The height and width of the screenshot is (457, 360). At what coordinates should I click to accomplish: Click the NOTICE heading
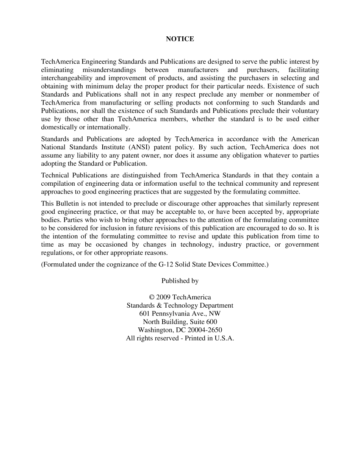click(x=180, y=39)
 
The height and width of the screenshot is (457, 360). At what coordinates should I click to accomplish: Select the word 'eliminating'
click(x=57, y=70)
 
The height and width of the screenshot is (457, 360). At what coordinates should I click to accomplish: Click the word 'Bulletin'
click(x=67, y=203)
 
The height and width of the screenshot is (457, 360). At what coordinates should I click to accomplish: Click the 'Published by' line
click(x=180, y=281)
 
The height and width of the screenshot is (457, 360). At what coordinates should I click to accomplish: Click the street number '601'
click(x=145, y=314)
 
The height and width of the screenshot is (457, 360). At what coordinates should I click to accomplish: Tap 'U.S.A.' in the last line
click(x=224, y=338)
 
